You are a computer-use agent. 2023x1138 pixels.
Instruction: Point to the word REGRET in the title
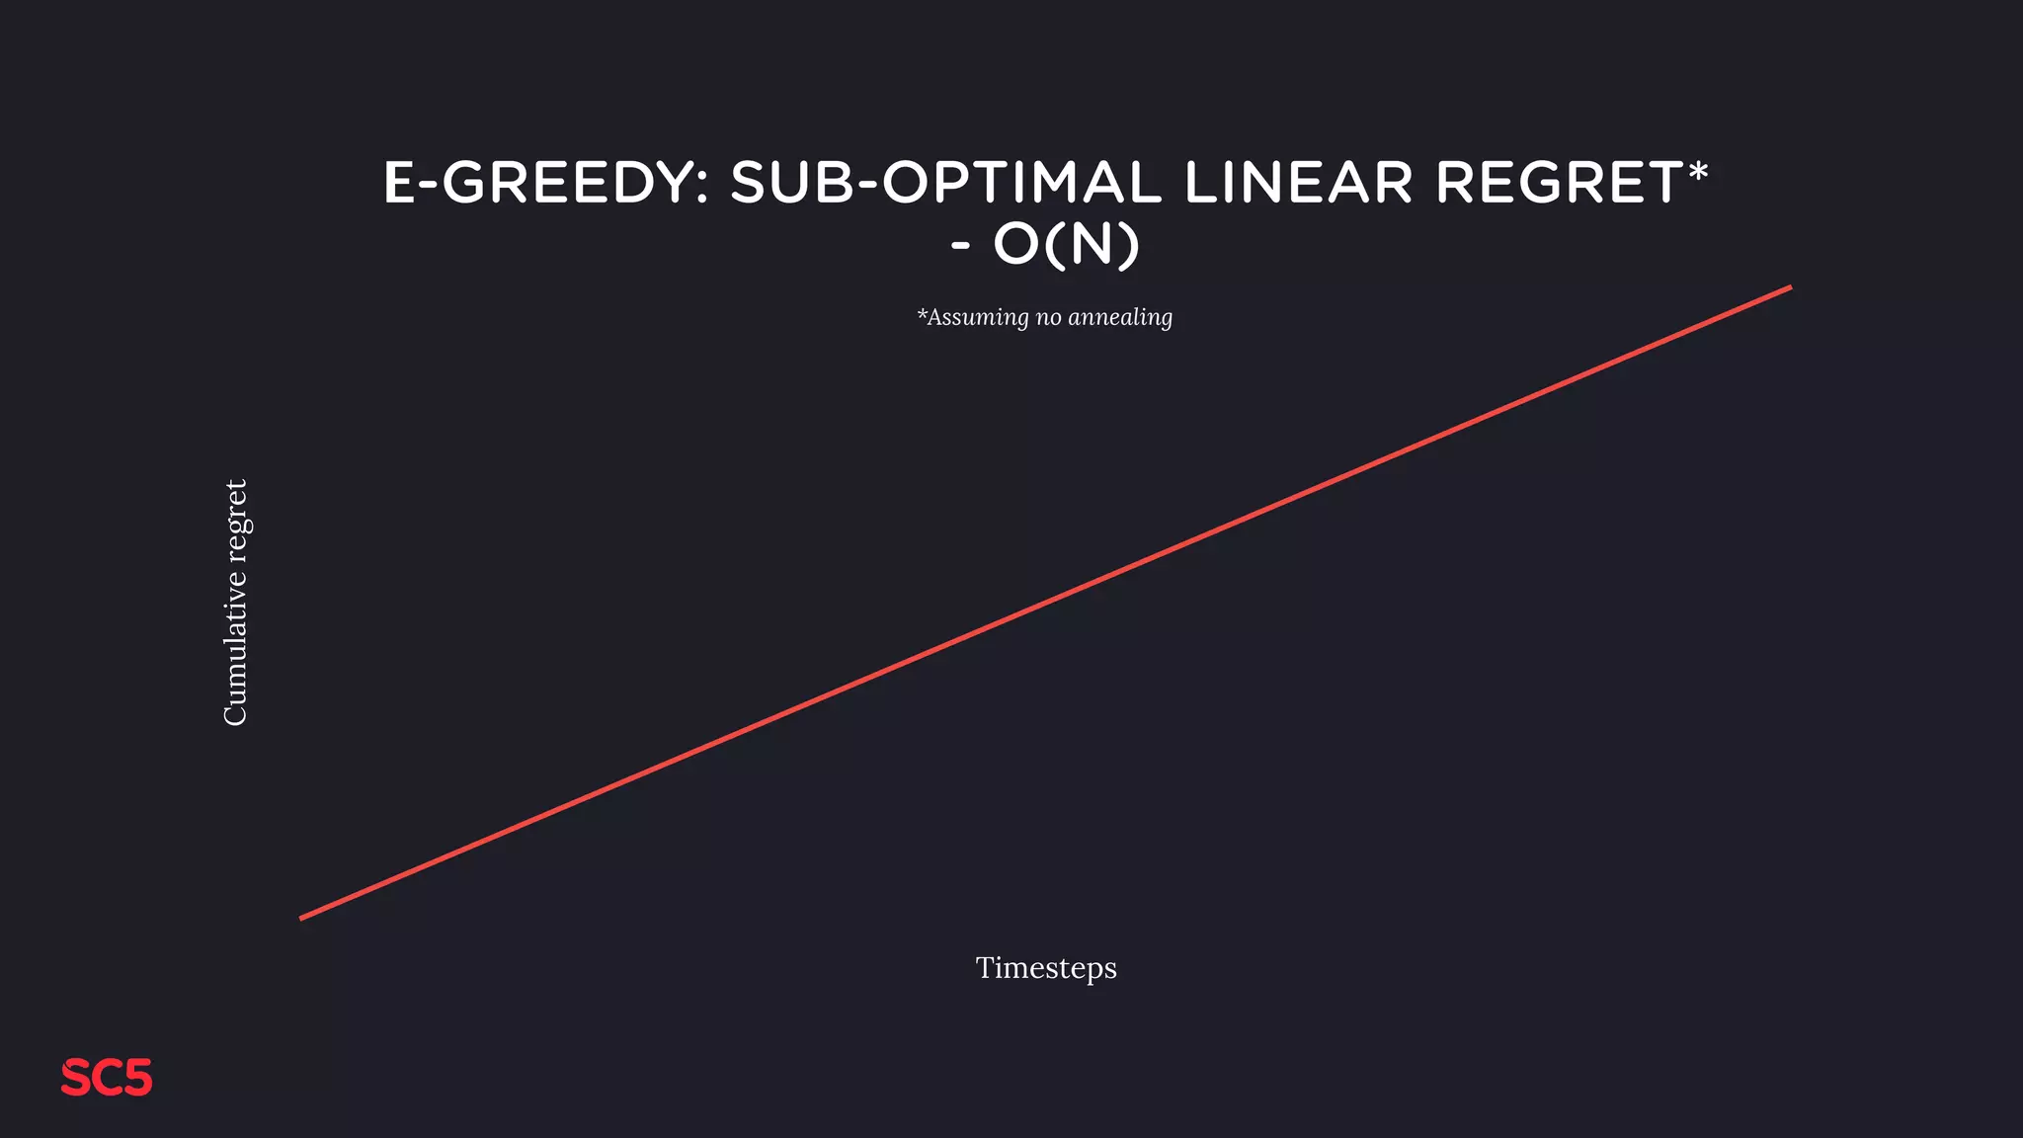pos(1559,184)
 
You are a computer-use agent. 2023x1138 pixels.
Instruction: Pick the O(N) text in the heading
pos(1066,244)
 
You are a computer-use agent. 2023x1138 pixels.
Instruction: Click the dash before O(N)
pos(960,246)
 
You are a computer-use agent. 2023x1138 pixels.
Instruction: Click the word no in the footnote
pos(1048,318)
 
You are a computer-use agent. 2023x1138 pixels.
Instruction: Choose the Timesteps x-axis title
pos(1046,968)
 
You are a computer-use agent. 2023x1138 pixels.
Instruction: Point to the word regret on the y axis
pos(237,520)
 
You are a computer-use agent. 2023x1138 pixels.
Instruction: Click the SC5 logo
pos(107,1078)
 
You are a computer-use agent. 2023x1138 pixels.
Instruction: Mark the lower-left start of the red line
pos(302,918)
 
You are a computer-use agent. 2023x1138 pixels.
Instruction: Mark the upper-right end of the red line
pos(1789,288)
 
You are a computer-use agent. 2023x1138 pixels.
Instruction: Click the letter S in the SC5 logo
pos(75,1078)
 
